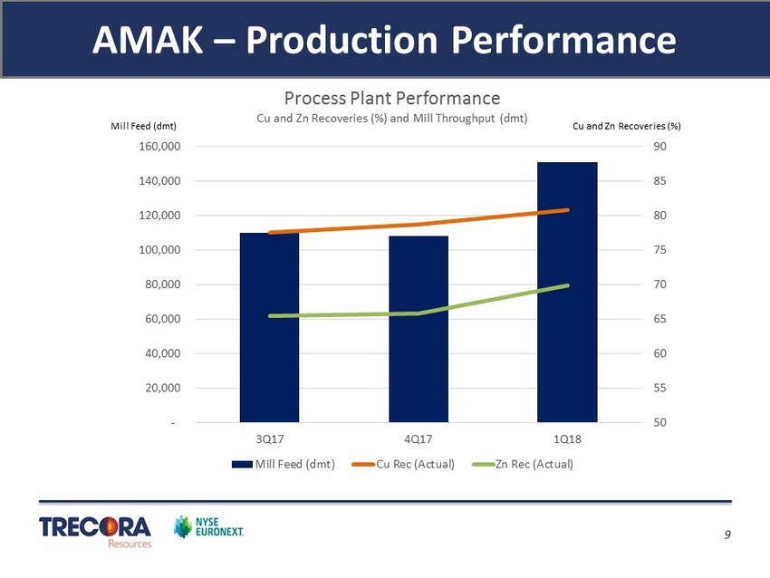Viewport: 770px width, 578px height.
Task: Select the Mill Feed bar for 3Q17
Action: [x=269, y=327]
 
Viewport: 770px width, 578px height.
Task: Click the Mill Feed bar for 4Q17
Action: [x=418, y=329]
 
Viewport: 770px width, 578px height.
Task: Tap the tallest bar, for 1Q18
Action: [x=566, y=292]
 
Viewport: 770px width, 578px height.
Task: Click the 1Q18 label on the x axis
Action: [x=566, y=439]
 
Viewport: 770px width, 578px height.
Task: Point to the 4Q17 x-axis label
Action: [x=418, y=439]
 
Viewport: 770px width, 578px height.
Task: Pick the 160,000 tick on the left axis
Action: [x=163, y=147]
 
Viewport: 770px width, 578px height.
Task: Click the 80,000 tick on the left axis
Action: [x=166, y=284]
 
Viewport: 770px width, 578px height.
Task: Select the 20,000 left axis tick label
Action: [x=166, y=388]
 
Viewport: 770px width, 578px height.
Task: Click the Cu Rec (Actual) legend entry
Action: [x=405, y=465]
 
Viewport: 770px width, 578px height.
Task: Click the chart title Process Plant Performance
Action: [x=392, y=98]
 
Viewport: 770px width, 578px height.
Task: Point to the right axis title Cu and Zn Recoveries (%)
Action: [x=626, y=126]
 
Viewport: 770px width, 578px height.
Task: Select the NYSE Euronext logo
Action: [x=209, y=526]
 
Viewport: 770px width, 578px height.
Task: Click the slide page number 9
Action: [x=727, y=535]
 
